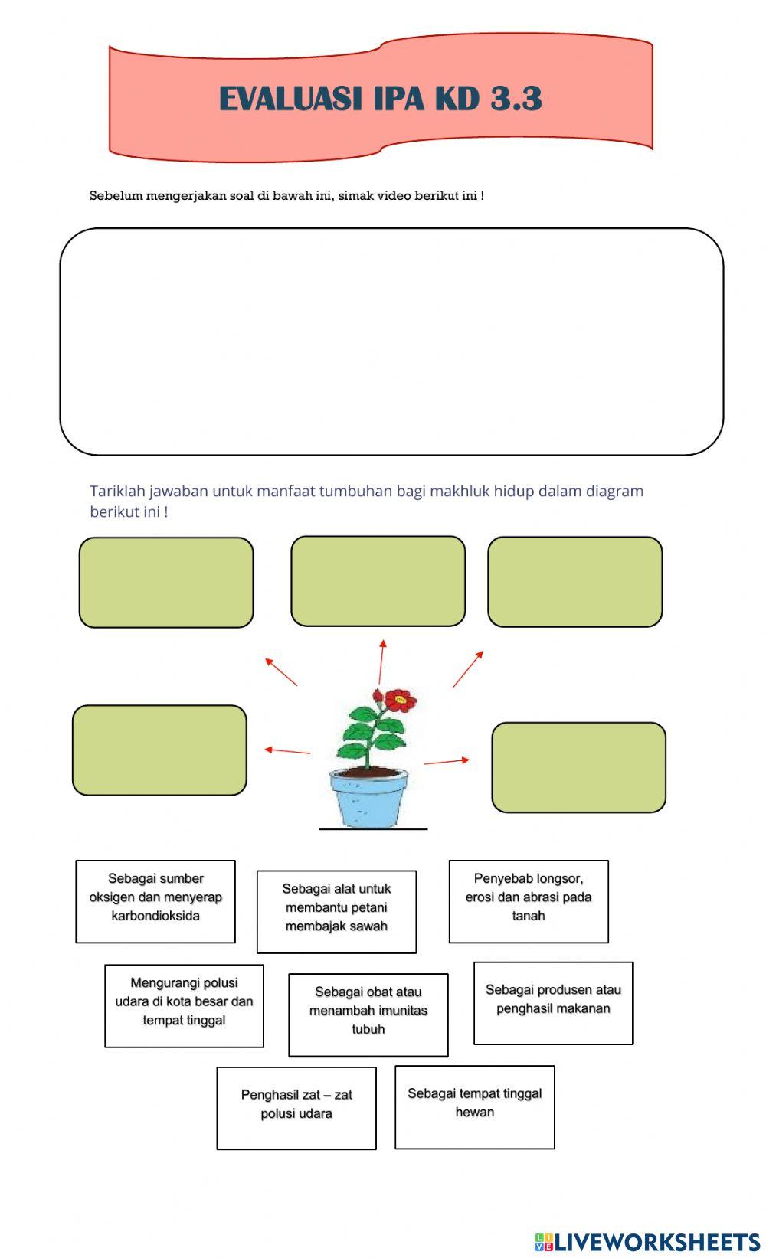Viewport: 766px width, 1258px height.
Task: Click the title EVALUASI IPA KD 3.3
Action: (x=381, y=99)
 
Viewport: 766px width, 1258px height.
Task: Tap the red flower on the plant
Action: (x=400, y=699)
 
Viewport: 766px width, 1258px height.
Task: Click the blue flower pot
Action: (x=368, y=798)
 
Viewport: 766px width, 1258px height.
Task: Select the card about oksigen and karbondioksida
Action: (x=155, y=900)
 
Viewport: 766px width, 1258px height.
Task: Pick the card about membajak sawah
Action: (x=336, y=911)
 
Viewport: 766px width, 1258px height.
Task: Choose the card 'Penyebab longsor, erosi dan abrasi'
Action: (x=529, y=900)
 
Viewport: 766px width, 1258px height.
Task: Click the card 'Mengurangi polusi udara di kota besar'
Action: (x=184, y=1005)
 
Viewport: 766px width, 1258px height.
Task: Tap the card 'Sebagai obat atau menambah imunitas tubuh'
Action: (x=368, y=1014)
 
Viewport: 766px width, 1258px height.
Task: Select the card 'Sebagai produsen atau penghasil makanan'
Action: (x=553, y=1002)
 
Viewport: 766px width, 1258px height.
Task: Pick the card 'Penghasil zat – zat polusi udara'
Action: (x=296, y=1107)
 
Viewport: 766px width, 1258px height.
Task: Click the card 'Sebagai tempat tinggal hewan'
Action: (x=475, y=1106)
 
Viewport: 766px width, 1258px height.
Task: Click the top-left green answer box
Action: (x=166, y=582)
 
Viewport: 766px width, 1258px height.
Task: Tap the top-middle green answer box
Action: (x=378, y=580)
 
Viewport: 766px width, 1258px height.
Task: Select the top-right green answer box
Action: (x=574, y=581)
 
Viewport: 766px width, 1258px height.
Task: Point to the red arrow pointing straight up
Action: (x=381, y=662)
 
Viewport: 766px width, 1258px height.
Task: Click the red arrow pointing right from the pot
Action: (x=447, y=761)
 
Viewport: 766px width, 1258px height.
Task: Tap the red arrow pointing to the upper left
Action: (x=281, y=671)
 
